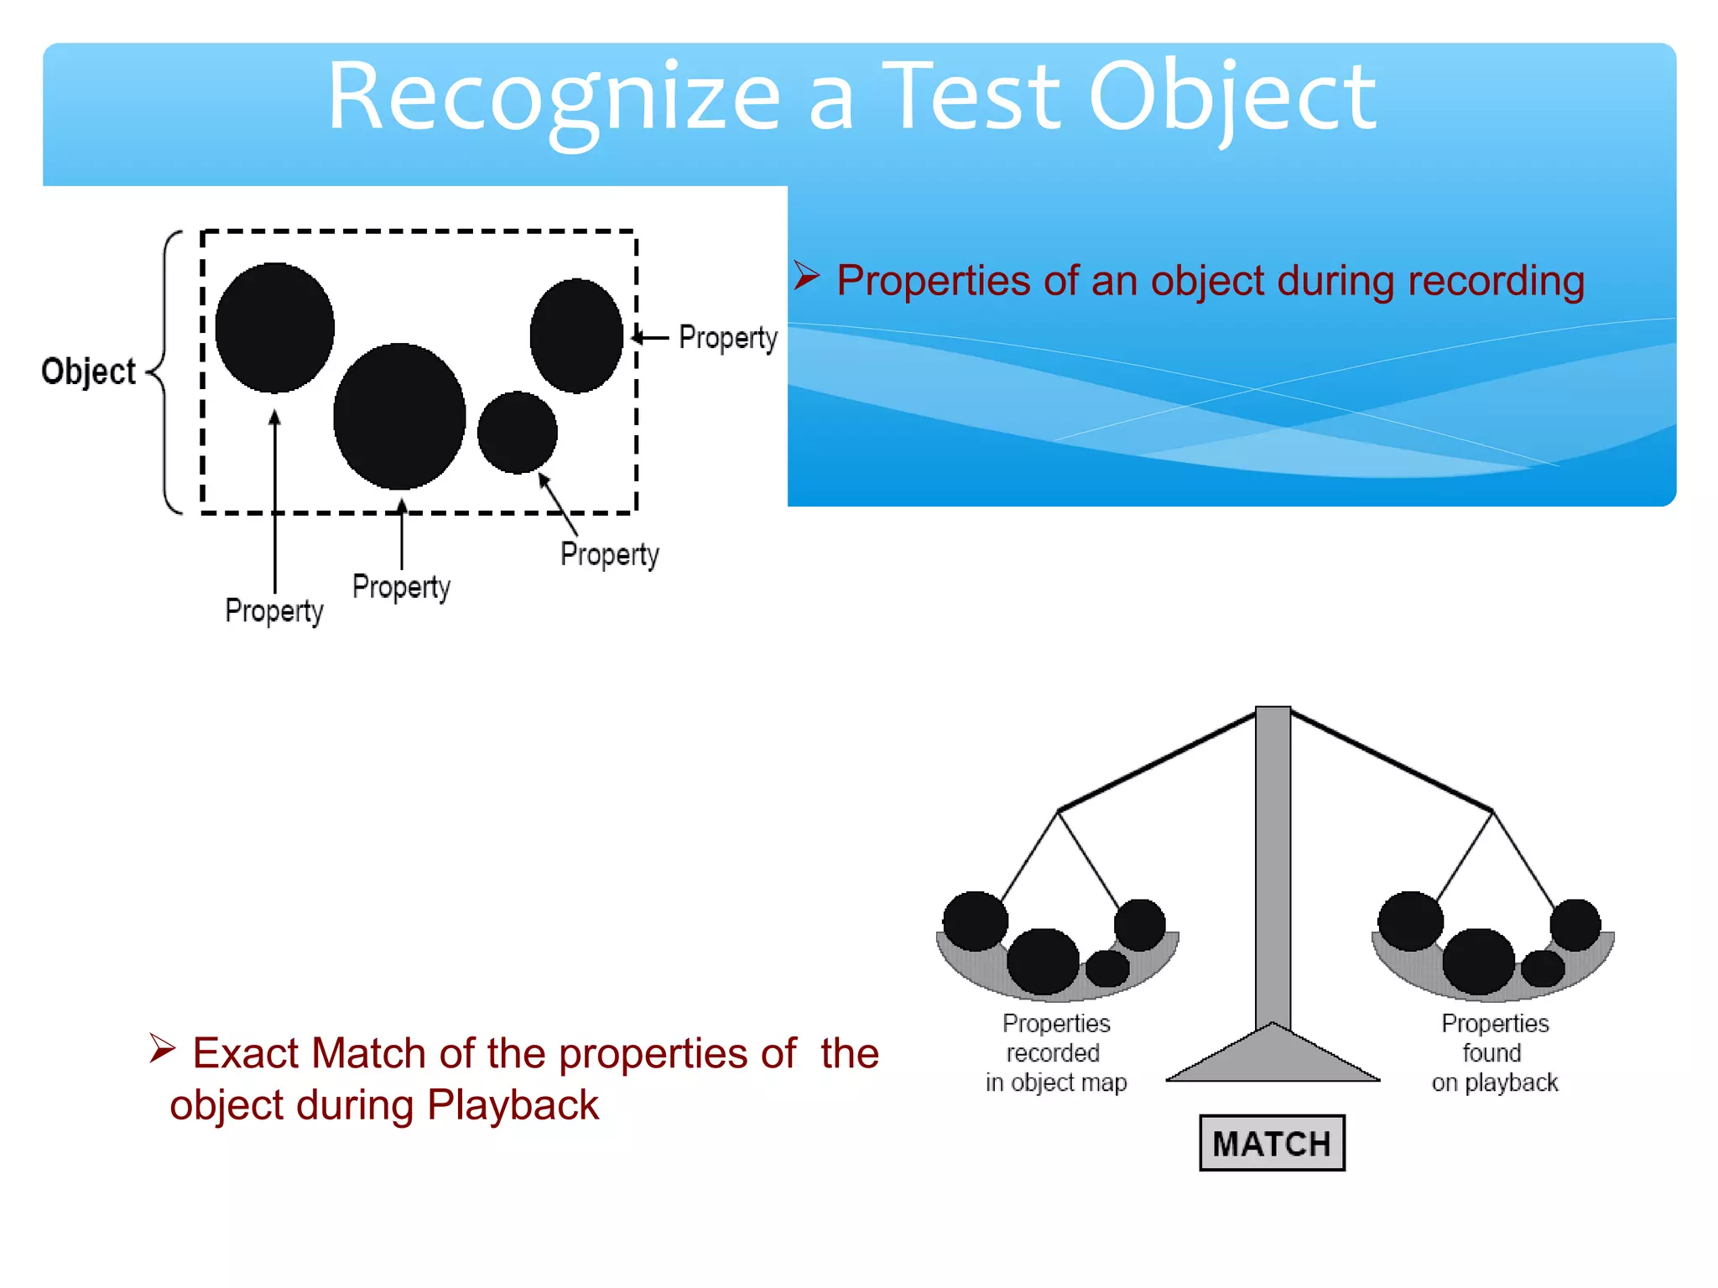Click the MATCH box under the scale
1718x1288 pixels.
point(1271,1142)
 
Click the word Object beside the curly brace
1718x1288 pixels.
point(88,371)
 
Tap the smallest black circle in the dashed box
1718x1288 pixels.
point(517,433)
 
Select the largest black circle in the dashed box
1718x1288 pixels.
point(399,416)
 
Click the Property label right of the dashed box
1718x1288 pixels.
point(727,338)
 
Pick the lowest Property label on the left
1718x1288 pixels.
point(273,610)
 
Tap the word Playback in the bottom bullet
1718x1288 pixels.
point(513,1105)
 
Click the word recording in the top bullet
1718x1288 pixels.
point(1496,281)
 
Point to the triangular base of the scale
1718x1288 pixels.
point(1273,1058)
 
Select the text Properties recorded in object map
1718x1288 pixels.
point(1055,1053)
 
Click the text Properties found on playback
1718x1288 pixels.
point(1494,1053)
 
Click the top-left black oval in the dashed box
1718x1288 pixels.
point(275,328)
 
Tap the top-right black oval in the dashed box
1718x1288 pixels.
point(576,335)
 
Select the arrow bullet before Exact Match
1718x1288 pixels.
point(162,1049)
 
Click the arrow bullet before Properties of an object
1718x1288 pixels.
point(806,276)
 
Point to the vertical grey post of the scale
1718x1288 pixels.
point(1273,864)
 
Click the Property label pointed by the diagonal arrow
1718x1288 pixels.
point(609,554)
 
